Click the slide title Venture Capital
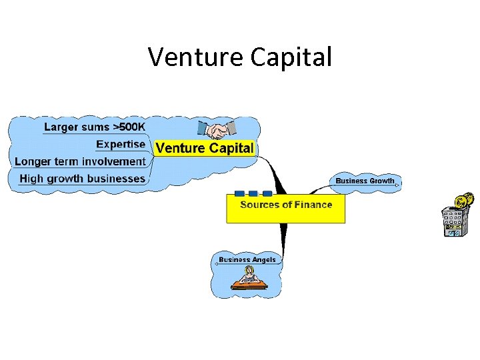pos(240,57)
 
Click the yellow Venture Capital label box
pos(204,148)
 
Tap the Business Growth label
pos(365,181)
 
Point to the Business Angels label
pos(247,259)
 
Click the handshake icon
pos(217,129)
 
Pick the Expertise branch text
pos(121,144)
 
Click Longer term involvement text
pos(79,161)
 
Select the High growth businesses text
pos(82,179)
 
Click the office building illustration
pos(454,222)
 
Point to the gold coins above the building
pos(463,201)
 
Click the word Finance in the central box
pos(312,205)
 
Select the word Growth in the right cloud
pos(382,181)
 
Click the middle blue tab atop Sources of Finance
pos(253,193)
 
